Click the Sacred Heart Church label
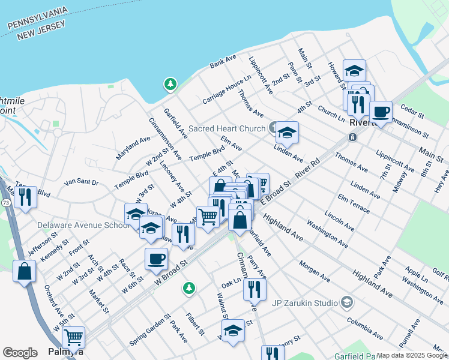227,128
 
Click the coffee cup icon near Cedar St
381,112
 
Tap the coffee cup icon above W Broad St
156,259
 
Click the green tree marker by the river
171,85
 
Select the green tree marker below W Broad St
189,289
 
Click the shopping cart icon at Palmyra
74,337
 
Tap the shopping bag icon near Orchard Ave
24,271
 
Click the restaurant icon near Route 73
25,197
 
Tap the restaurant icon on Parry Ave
255,290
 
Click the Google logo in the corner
20,353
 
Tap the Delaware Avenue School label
83,225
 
